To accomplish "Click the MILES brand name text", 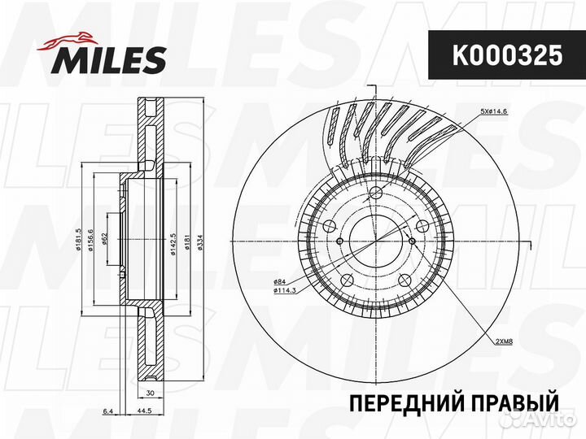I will click(111, 59).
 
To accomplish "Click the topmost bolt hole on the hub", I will click(375, 193).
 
